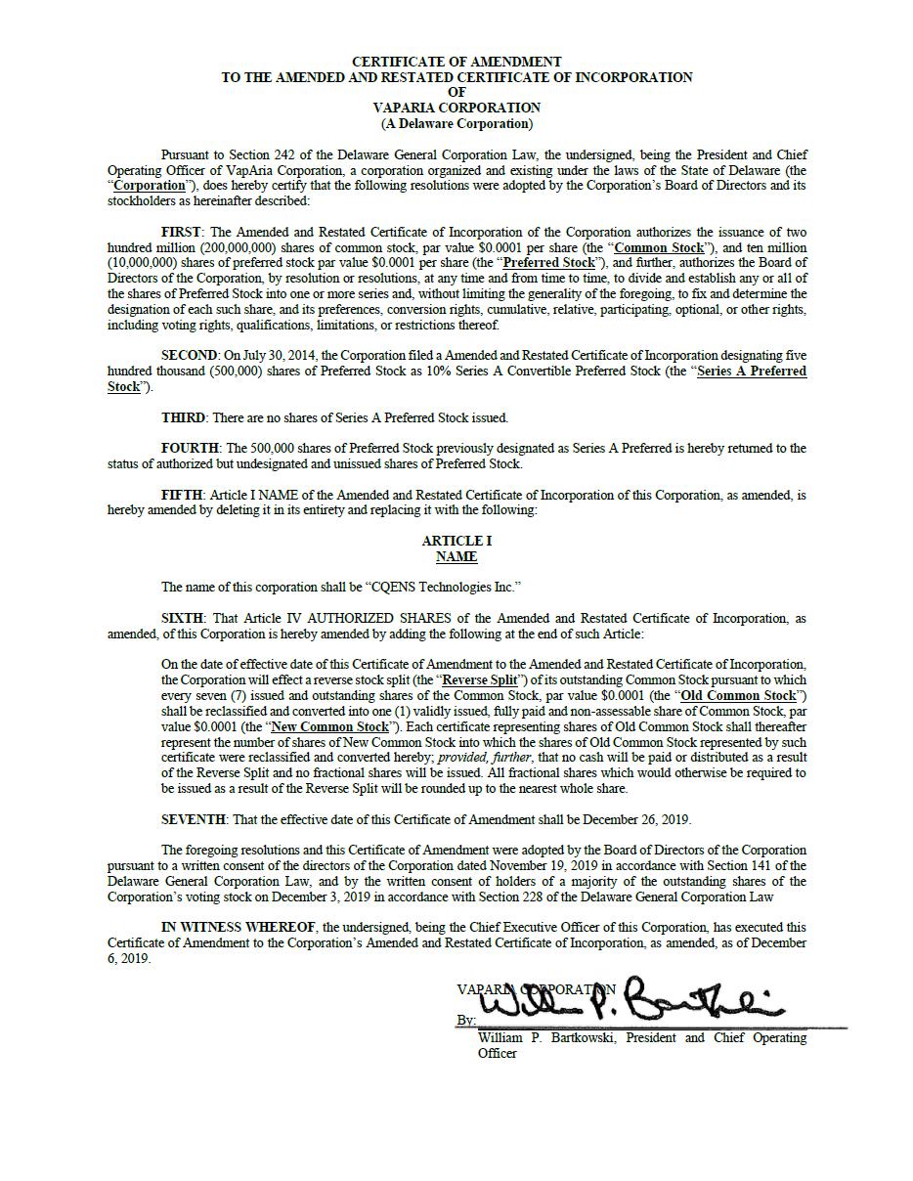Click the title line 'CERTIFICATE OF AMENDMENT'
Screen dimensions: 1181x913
point(456,62)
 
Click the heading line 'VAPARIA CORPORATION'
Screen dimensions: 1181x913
point(456,108)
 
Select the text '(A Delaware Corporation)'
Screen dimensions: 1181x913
point(456,123)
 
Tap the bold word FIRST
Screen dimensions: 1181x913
point(181,232)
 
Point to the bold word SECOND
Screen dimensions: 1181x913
point(189,355)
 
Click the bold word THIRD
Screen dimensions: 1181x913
point(183,417)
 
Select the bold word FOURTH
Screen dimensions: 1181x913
point(190,448)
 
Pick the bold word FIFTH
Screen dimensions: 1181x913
point(182,495)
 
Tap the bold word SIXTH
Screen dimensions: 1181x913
point(182,618)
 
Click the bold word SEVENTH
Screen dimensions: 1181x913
point(194,819)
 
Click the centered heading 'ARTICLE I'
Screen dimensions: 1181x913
point(456,541)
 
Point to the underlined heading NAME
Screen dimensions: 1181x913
point(456,556)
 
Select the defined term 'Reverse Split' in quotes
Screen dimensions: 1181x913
point(480,679)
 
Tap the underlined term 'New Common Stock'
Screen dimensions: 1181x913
point(329,726)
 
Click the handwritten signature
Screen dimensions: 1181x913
point(626,999)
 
